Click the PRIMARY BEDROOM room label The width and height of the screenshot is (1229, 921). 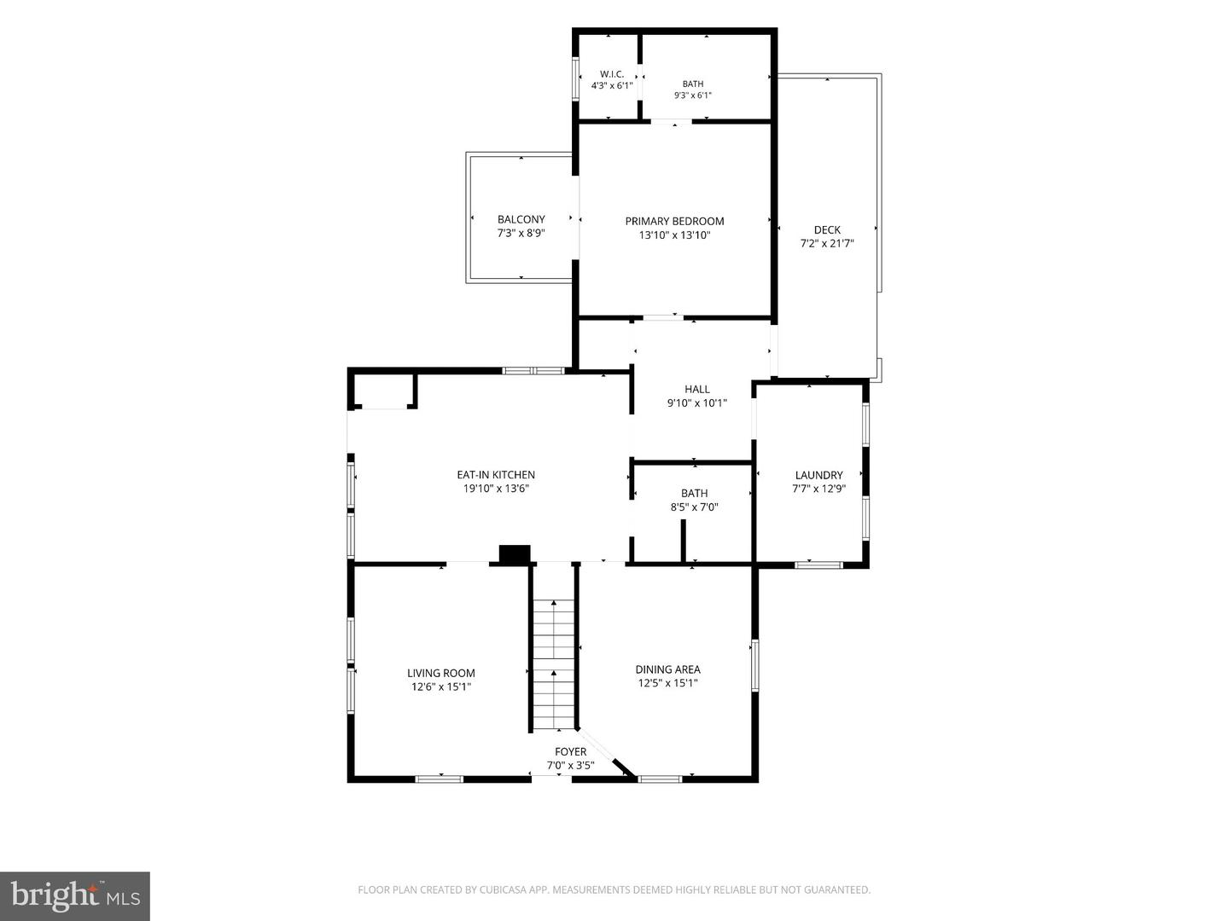(x=674, y=221)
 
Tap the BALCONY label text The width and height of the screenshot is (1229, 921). (x=521, y=219)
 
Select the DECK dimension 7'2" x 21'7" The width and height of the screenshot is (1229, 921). (x=827, y=243)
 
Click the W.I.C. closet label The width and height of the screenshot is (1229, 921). (x=612, y=74)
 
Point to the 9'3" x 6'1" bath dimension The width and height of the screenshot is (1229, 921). (x=693, y=95)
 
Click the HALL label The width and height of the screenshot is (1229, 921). (x=697, y=389)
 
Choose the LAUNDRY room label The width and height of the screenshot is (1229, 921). (x=818, y=475)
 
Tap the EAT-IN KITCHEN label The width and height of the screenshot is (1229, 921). (x=496, y=475)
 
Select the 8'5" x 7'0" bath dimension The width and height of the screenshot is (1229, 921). (x=694, y=507)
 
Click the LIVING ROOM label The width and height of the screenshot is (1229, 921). (x=441, y=674)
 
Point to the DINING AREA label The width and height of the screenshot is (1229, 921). (x=668, y=669)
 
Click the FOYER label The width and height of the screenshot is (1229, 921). (x=571, y=752)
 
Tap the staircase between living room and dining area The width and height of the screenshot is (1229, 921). (x=554, y=664)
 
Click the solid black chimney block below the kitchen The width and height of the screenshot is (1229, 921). (x=515, y=553)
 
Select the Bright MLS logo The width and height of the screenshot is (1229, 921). (x=75, y=896)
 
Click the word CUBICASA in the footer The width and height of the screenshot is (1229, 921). (x=502, y=890)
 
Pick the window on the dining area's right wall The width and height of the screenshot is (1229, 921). (x=754, y=665)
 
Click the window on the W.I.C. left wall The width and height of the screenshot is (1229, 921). (x=575, y=78)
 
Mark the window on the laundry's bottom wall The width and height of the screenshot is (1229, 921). (x=818, y=565)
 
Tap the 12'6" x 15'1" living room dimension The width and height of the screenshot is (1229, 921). (x=441, y=686)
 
